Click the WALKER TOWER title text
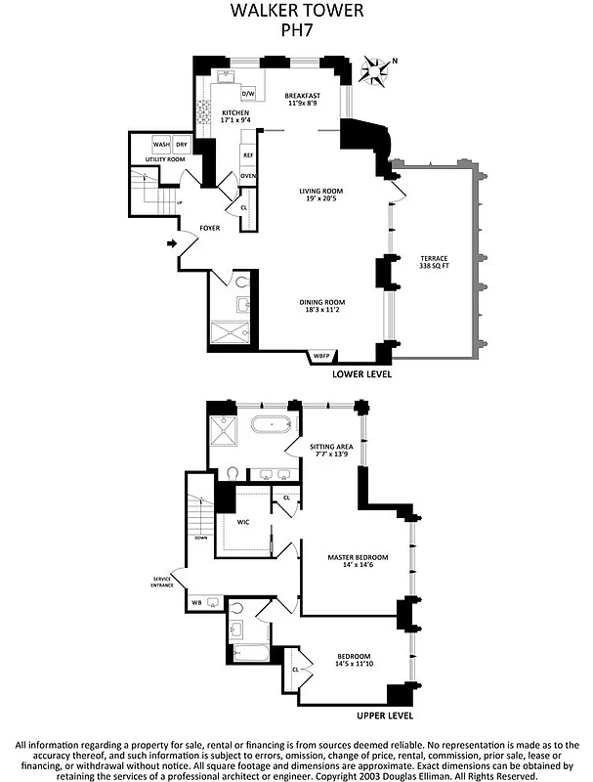296,12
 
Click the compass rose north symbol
373,69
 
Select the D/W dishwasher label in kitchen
248,94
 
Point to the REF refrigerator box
248,155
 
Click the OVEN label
248,176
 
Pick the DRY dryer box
182,146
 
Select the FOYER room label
209,228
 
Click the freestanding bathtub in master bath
267,425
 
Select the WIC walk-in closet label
243,522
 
